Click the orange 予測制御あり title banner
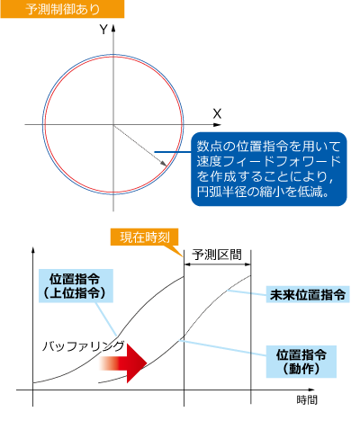(x=62, y=9)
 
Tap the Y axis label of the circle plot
(x=103, y=30)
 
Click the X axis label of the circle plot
(x=217, y=114)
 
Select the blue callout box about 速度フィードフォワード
(x=269, y=169)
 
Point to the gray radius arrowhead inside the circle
(x=164, y=164)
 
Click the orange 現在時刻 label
(x=145, y=237)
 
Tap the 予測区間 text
(x=217, y=255)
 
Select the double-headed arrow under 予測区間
(x=217, y=264)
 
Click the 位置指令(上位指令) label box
(x=76, y=285)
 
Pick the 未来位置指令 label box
(x=308, y=294)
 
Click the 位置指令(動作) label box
(x=301, y=362)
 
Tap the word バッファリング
(x=83, y=346)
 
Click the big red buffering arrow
(x=123, y=363)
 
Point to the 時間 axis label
(x=307, y=399)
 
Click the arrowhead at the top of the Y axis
(x=113, y=28)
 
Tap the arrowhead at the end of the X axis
(x=218, y=124)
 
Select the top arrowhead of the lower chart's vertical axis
(x=33, y=250)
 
